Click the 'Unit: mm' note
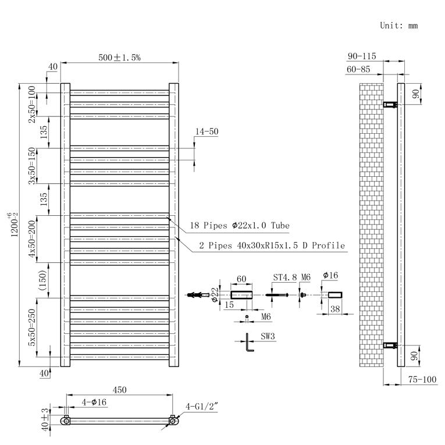398,26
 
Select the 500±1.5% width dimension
119,58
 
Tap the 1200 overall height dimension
13,225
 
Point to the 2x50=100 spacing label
32,104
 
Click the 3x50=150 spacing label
32,166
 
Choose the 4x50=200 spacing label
32,239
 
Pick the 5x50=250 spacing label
32,327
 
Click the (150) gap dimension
42,280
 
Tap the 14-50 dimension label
207,131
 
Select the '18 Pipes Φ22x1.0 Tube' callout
240,226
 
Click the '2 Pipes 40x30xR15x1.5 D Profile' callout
272,245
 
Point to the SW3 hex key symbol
249,342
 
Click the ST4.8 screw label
285,277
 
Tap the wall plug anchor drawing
198,295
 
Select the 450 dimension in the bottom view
119,390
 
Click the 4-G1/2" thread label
201,407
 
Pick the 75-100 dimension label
422,379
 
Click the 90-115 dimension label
362,56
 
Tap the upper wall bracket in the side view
390,105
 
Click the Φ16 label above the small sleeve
330,275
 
